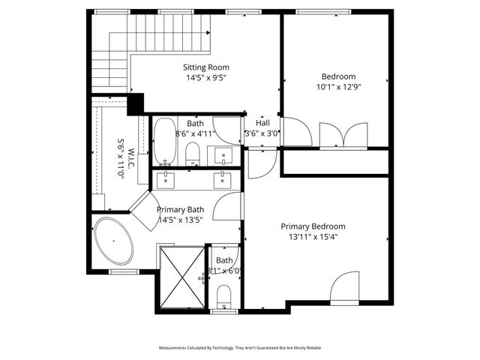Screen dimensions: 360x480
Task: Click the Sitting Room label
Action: click(x=206, y=67)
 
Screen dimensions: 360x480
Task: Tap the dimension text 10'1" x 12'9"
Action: click(x=338, y=86)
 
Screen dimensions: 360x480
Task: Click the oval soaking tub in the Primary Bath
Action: click(x=114, y=241)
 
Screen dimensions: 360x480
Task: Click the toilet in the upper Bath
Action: click(x=192, y=154)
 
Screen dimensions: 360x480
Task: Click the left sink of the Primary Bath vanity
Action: click(x=166, y=178)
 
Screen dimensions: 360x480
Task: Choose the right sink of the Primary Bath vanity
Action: click(x=223, y=178)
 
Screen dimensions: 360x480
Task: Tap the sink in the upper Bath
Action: click(x=224, y=155)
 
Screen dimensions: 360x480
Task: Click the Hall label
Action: click(x=262, y=123)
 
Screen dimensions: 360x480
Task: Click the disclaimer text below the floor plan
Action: click(x=239, y=348)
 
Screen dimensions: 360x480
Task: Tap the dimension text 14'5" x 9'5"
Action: click(x=206, y=77)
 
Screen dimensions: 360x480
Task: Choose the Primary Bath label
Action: click(x=180, y=210)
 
